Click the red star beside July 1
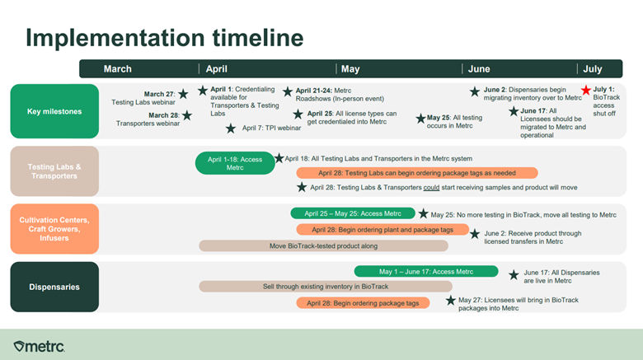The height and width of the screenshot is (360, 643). pos(586,90)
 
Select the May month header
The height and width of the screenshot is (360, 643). pos(350,69)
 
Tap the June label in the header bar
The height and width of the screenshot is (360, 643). pos(479,69)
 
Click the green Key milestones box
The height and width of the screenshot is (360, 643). pos(54,111)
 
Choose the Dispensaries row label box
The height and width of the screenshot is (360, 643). pos(54,287)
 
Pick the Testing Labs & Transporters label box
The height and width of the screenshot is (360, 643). pos(54,171)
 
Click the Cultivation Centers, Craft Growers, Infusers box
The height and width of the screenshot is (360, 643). pos(54,229)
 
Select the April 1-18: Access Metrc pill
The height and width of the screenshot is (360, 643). pos(235,163)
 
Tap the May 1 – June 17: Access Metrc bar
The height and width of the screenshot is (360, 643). pos(426,271)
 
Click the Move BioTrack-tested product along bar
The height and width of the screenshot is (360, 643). pos(323,246)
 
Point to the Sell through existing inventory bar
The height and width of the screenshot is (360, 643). pos(326,286)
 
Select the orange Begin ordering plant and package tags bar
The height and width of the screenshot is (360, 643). pos(383,230)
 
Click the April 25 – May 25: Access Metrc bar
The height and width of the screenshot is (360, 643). pos(353,213)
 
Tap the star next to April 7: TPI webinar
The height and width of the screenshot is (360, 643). pos(231,129)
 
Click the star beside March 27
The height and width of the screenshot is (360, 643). pos(183,94)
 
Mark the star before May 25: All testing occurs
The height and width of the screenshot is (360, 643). pos(420,119)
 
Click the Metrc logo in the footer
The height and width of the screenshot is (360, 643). pos(39,347)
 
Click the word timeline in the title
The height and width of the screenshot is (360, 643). pos(258,38)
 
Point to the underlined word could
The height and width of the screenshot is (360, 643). pos(431,187)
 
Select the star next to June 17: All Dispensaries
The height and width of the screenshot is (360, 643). pos(514,275)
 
